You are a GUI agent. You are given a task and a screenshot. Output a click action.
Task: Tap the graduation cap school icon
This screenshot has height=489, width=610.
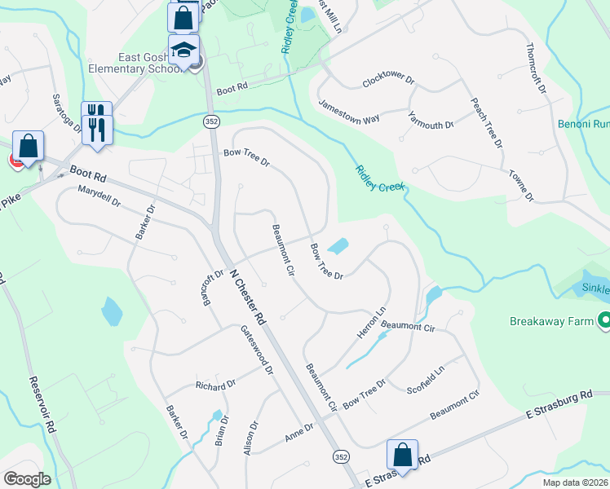point(183,49)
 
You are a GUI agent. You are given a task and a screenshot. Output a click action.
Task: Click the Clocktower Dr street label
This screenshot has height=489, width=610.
point(390,82)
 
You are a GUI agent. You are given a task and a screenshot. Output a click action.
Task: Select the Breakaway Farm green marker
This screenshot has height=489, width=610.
point(604,321)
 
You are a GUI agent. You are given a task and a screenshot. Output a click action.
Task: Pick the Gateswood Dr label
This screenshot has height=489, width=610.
point(256,350)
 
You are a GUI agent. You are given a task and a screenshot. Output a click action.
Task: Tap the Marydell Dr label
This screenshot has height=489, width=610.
point(99,196)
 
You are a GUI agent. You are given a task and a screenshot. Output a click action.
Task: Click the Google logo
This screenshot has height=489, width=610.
point(26,478)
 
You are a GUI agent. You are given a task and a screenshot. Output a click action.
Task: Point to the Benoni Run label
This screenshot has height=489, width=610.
point(584,125)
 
